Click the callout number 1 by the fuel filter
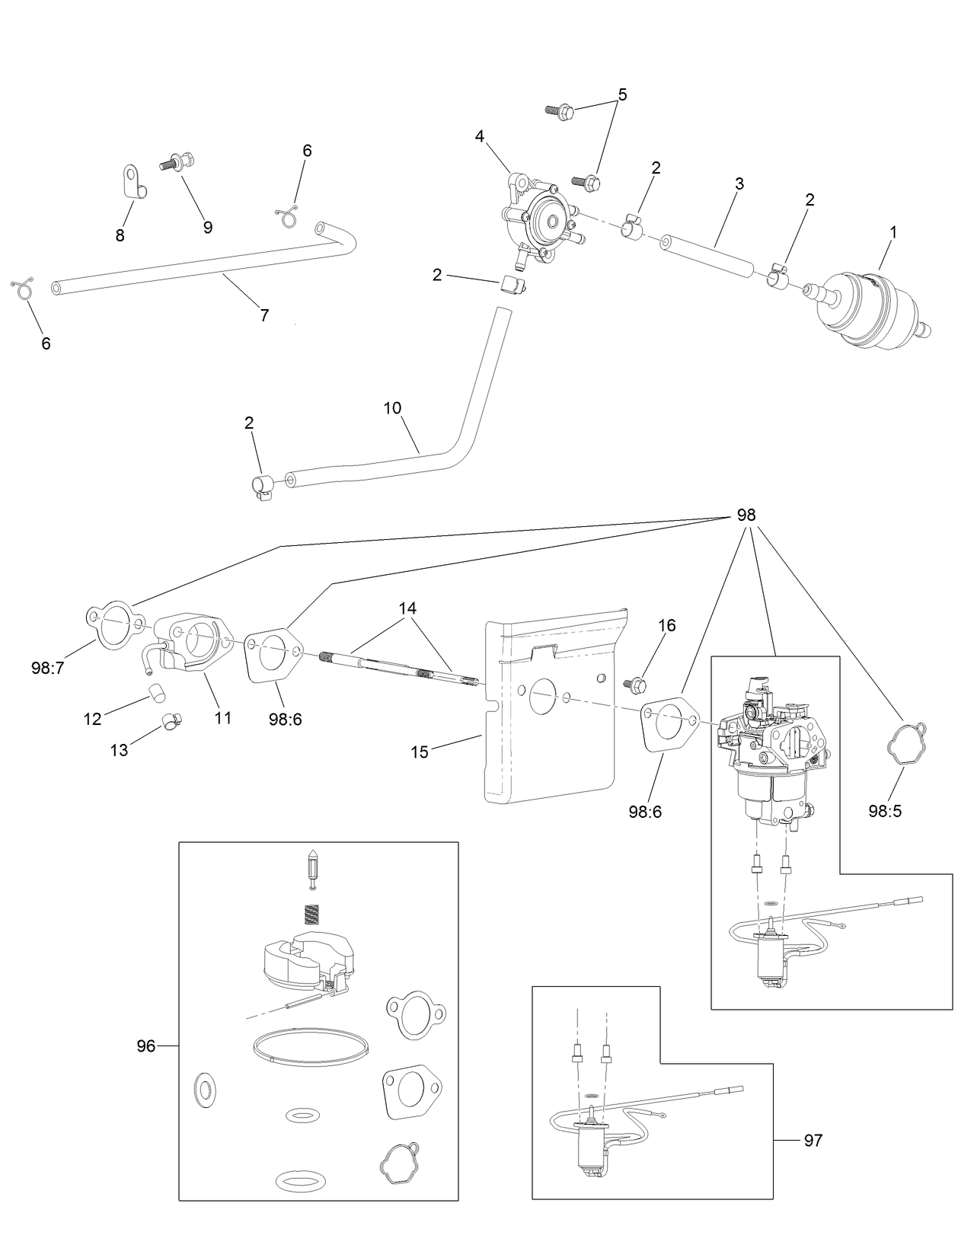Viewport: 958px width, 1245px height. pyautogui.click(x=893, y=233)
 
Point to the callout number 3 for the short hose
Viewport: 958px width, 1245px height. pyautogui.click(x=739, y=184)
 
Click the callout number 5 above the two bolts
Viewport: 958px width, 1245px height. pyautogui.click(x=622, y=95)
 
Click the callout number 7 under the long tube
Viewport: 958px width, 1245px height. pyautogui.click(x=264, y=315)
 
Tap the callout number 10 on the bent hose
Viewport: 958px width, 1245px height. pyautogui.click(x=392, y=408)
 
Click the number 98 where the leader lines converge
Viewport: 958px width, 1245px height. pyautogui.click(x=746, y=515)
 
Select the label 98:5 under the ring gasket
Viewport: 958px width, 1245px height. pyautogui.click(x=885, y=812)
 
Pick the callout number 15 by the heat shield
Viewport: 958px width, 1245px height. pyautogui.click(x=420, y=752)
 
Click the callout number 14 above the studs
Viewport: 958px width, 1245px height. pyautogui.click(x=407, y=608)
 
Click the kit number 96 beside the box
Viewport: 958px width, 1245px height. pyautogui.click(x=145, y=1046)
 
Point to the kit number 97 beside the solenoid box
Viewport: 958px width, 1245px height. pyautogui.click(x=813, y=1140)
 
